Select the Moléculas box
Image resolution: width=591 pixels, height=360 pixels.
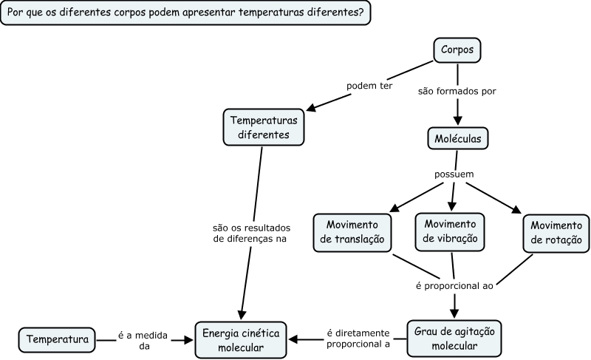tap(458, 137)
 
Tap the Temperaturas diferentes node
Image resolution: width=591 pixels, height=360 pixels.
tap(264, 127)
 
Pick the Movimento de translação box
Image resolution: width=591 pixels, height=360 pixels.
tap(352, 231)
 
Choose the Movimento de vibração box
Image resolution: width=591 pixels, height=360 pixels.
tap(451, 231)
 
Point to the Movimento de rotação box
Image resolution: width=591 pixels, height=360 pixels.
tap(556, 233)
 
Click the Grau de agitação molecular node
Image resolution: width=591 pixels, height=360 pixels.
tap(454, 338)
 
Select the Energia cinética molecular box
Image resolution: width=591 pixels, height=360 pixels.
tap(241, 340)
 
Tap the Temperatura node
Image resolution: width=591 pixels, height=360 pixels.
tap(57, 340)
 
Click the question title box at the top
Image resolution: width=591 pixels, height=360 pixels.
tap(185, 13)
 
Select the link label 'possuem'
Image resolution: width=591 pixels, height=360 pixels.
tap(454, 174)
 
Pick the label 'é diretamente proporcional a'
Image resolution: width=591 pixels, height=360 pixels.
tap(358, 339)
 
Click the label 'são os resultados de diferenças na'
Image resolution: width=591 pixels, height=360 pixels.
tap(251, 233)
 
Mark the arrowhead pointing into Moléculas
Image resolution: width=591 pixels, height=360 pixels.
tap(458, 121)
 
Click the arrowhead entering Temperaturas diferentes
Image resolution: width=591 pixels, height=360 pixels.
tap(311, 109)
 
